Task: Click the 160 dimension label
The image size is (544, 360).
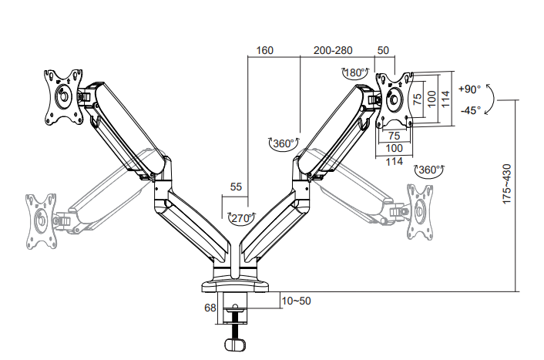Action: [265, 51]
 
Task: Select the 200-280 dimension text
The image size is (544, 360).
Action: [333, 51]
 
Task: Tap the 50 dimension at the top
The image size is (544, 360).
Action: [383, 51]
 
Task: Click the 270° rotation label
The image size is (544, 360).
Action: [241, 218]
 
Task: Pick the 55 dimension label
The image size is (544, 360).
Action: [236, 187]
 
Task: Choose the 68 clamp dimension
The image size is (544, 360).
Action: [210, 308]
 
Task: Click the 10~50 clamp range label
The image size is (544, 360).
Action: [297, 301]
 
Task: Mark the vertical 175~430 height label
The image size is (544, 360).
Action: [507, 184]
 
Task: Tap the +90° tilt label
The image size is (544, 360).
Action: [470, 89]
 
